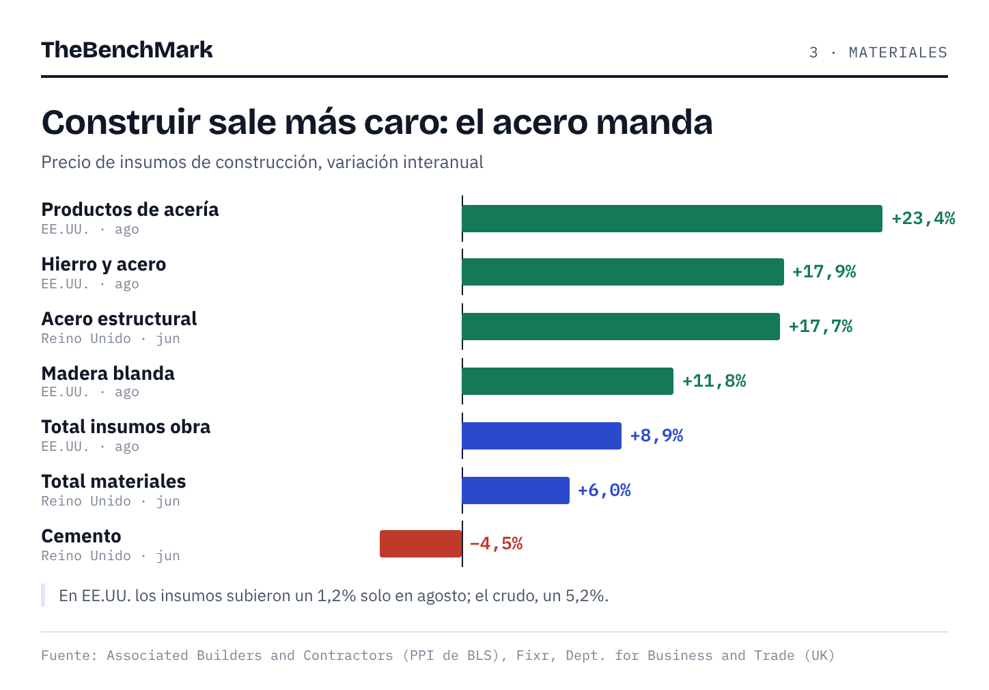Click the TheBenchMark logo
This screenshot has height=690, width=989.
127,50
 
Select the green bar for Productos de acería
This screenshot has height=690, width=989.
672,218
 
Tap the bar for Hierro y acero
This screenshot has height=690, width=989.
623,272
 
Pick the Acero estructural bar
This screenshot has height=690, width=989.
621,327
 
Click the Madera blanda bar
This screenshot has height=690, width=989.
568,381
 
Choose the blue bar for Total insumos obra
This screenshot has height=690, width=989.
542,436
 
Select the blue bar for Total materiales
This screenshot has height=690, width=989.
516,491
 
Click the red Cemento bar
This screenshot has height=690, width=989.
421,543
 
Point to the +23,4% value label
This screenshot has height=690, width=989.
923,218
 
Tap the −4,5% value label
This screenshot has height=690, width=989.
497,543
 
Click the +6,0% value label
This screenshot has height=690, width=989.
604,491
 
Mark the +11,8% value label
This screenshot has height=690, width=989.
714,381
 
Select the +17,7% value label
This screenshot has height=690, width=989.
821,327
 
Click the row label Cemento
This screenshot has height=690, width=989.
81,536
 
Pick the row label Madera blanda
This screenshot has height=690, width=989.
108,373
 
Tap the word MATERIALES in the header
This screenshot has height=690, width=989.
898,53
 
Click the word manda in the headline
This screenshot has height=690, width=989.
654,122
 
